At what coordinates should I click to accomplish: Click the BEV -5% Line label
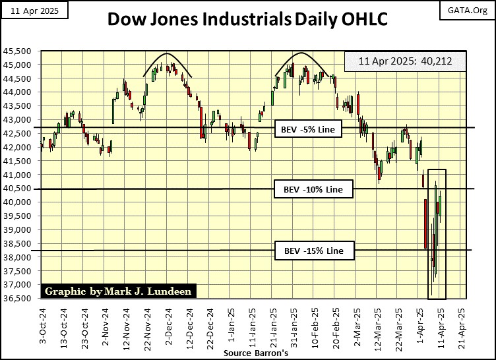pos(309,130)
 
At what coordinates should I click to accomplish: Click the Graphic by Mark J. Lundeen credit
pos(108,291)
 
